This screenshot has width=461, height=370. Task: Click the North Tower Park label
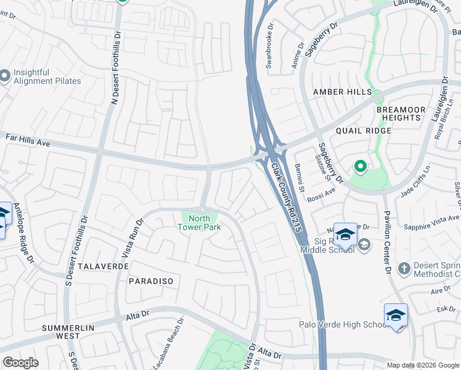(x=198, y=223)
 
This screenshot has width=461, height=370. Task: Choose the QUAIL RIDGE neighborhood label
(x=364, y=131)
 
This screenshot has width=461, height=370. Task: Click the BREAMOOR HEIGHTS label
(x=401, y=113)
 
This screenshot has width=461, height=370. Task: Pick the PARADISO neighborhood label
(x=151, y=281)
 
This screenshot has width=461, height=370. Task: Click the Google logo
(x=20, y=363)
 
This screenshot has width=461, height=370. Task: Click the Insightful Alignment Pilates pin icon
(x=5, y=76)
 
